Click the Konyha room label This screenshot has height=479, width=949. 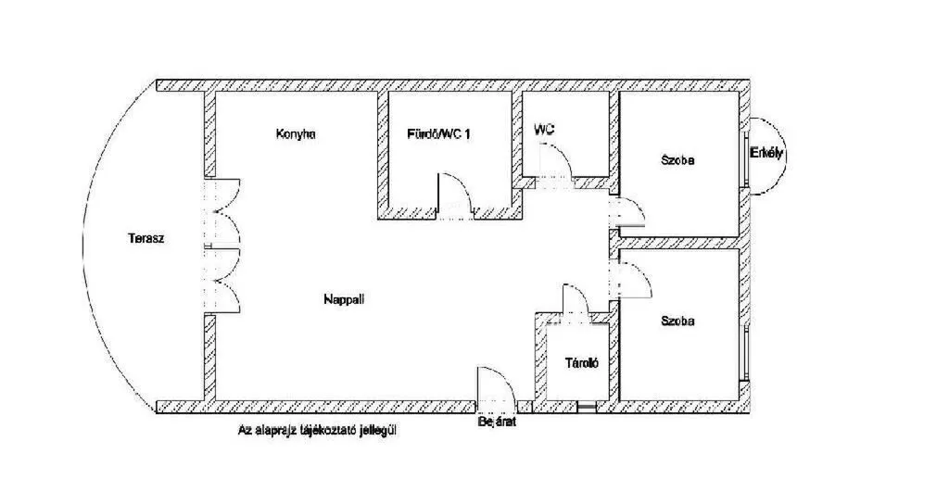tap(296, 133)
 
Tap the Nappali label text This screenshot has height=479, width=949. tap(344, 298)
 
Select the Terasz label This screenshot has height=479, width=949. tap(146, 238)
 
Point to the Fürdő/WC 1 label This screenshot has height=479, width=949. tap(438, 133)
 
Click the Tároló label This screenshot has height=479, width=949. tap(582, 363)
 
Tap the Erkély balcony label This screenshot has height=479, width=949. tap(766, 153)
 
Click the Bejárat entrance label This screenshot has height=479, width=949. tap(497, 422)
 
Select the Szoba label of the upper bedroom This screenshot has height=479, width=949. tap(677, 160)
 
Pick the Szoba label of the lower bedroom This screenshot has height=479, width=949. tap(677, 321)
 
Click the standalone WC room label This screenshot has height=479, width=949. tap(544, 130)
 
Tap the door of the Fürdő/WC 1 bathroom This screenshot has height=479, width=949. tap(455, 195)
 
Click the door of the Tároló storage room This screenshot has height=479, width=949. tap(576, 300)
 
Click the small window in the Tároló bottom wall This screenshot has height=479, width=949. tap(586, 408)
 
